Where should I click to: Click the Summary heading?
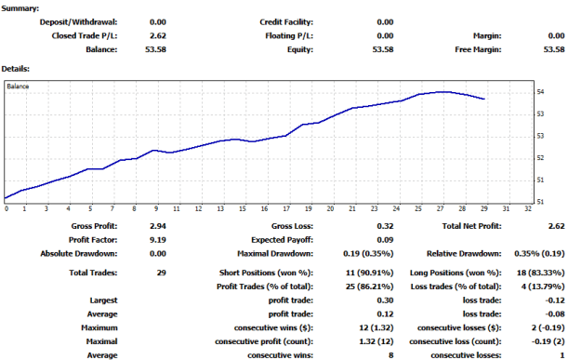click(x=20, y=8)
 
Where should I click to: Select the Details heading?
click(x=16, y=69)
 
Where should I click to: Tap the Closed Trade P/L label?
click(x=85, y=36)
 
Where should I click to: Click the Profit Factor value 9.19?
click(x=158, y=240)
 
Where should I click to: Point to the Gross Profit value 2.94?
click(x=158, y=226)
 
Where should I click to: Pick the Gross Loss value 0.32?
click(x=386, y=226)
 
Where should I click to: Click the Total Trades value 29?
click(x=162, y=273)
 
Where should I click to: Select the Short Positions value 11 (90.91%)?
click(x=369, y=273)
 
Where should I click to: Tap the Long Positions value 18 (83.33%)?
click(x=541, y=273)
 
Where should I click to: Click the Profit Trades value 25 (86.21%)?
click(x=369, y=287)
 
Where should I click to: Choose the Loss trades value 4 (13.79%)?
click(x=543, y=287)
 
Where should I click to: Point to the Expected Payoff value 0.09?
click(x=386, y=240)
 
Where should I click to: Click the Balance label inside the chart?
click(x=18, y=87)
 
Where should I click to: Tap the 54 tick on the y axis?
click(x=540, y=92)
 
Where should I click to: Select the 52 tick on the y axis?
click(x=540, y=158)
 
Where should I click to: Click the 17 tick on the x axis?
click(x=286, y=209)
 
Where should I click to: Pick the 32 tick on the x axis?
click(x=528, y=209)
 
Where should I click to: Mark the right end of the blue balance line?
click(x=484, y=99)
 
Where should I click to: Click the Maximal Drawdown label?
click(x=275, y=254)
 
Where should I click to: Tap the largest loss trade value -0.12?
click(x=555, y=300)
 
